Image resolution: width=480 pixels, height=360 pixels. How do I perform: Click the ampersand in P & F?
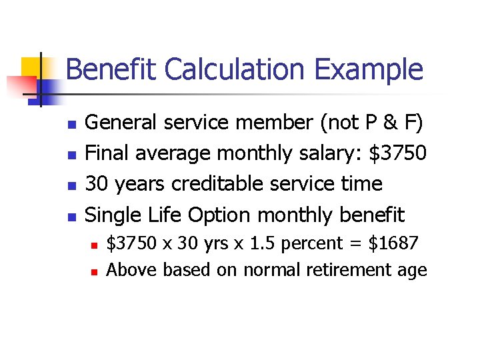coord(394,123)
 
